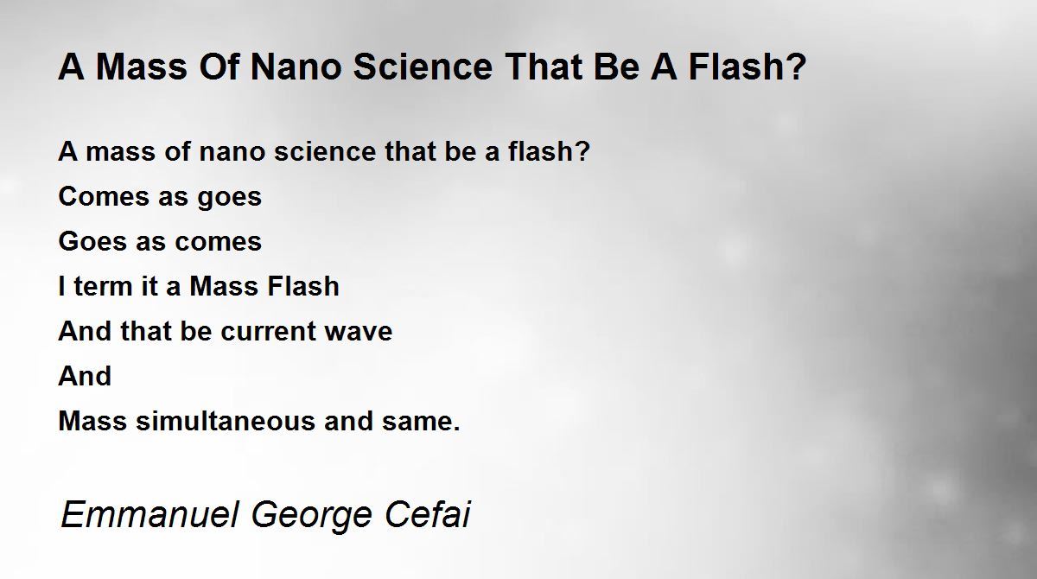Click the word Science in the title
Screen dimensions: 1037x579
pyautogui.click(x=423, y=67)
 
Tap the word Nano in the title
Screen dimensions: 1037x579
pyautogui.click(x=296, y=67)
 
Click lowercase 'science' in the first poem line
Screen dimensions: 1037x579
pyautogui.click(x=325, y=151)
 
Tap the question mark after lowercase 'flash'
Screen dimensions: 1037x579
pyautogui.click(x=582, y=150)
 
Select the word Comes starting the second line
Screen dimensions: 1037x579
pyautogui.click(x=103, y=196)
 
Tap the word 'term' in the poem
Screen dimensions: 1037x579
pyautogui.click(x=103, y=287)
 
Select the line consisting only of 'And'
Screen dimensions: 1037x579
pyautogui.click(x=85, y=376)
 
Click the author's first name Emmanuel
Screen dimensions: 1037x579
pyautogui.click(x=150, y=514)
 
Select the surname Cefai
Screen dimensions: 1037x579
pyautogui.click(x=427, y=513)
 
